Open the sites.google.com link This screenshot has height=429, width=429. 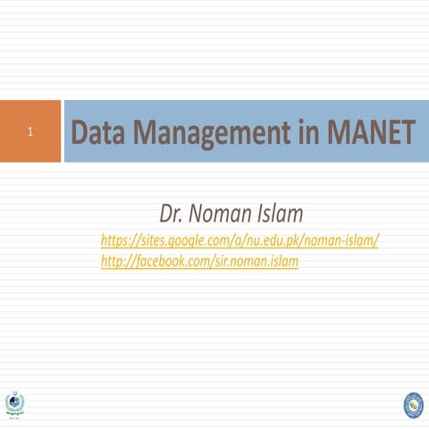[x=240, y=240]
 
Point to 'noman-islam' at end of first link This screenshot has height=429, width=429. [x=343, y=240]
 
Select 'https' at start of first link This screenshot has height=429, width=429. [x=116, y=240]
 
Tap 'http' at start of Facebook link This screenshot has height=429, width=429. [x=113, y=261]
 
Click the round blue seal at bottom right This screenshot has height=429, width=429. [x=412, y=405]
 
